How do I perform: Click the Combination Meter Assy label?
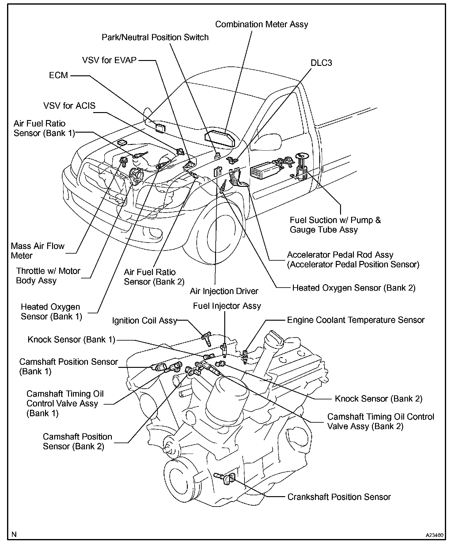(261, 25)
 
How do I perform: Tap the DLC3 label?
(321, 63)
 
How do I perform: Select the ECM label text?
(58, 75)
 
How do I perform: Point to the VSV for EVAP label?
(109, 60)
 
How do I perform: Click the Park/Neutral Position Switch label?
(155, 37)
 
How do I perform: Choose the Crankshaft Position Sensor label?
(339, 497)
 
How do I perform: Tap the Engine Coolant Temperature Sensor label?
(355, 320)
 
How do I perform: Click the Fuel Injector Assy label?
(227, 306)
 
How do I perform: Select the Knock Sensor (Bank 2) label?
(378, 399)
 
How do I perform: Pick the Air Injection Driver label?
(224, 291)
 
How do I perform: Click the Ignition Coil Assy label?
(145, 321)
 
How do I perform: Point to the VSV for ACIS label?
(69, 106)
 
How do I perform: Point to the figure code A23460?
(434, 535)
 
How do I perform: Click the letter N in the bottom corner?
(14, 535)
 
